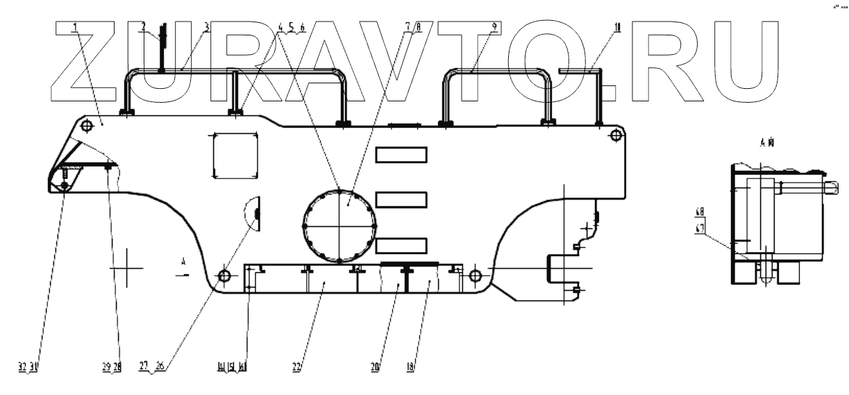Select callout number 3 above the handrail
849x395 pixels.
pyautogui.click(x=206, y=28)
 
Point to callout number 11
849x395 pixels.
pyautogui.click(x=617, y=28)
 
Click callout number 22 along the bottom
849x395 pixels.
pyautogui.click(x=296, y=367)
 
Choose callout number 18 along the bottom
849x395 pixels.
pyautogui.click(x=410, y=367)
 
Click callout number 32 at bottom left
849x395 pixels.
pyautogui.click(x=23, y=367)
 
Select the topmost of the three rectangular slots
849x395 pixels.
pyautogui.click(x=401, y=154)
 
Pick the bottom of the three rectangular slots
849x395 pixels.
pyautogui.click(x=401, y=245)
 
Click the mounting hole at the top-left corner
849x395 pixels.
pyautogui.click(x=87, y=126)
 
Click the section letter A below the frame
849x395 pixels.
pyautogui.click(x=183, y=262)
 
